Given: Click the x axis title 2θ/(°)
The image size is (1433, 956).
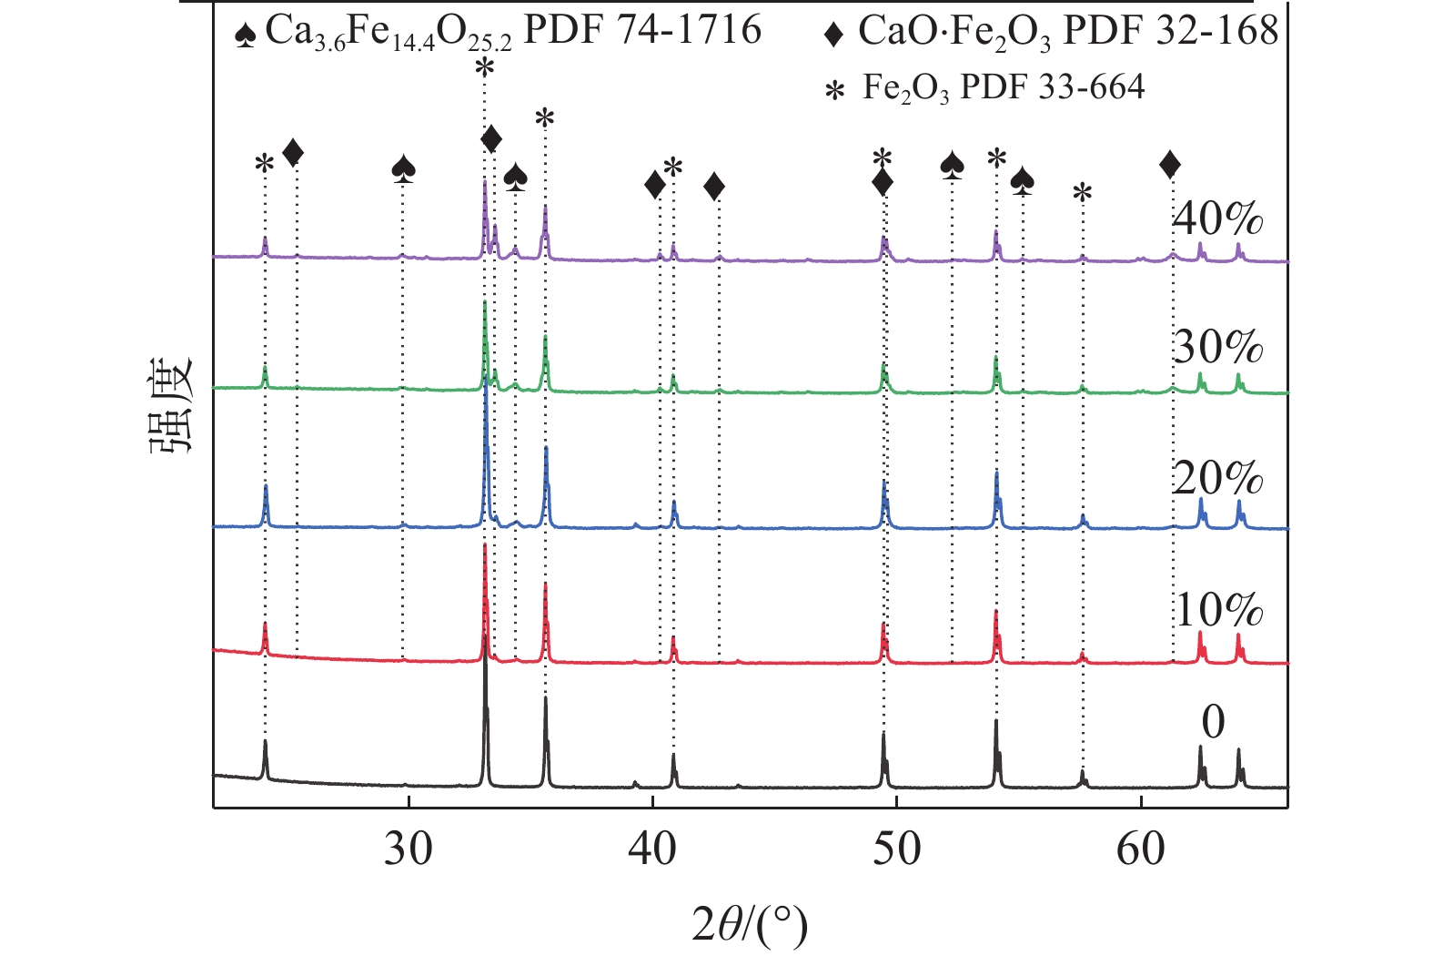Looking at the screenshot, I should click(x=749, y=926).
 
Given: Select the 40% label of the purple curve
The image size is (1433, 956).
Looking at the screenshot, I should click(x=1217, y=219).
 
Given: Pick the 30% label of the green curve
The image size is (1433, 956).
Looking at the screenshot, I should click(x=1217, y=348).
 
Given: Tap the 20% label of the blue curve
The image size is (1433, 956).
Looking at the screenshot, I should click(x=1217, y=478).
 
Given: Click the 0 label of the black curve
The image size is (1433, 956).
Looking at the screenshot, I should click(x=1213, y=722).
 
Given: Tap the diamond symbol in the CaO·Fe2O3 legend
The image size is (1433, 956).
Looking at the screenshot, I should click(x=833, y=35).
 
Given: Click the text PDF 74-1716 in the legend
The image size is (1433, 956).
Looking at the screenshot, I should click(x=642, y=30).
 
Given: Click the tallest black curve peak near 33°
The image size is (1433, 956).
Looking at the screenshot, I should click(x=485, y=657).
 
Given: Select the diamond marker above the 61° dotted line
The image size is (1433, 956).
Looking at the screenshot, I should click(x=1170, y=165).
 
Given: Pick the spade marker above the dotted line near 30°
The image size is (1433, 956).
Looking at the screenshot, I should click(x=404, y=168).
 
